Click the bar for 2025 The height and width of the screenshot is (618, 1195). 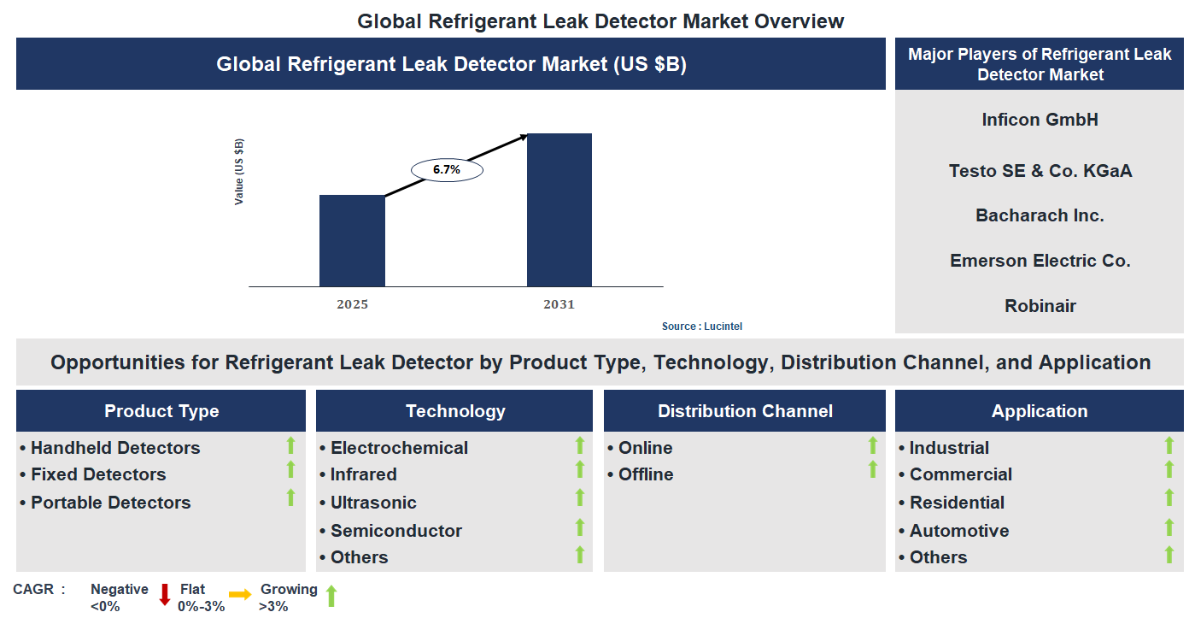click(x=352, y=240)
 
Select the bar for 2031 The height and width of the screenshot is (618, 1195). click(x=559, y=209)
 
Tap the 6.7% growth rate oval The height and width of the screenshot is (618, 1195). click(x=447, y=170)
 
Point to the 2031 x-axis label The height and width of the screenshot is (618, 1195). click(x=559, y=304)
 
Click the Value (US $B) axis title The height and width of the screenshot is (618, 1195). click(x=239, y=171)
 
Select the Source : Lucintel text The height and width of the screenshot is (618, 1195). click(x=708, y=327)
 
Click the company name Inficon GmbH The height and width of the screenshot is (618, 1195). click(x=1040, y=120)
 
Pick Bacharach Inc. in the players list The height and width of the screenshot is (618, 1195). click(x=1040, y=215)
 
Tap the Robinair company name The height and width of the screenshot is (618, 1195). click(x=1040, y=306)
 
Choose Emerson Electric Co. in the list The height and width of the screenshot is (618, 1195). click(x=1040, y=261)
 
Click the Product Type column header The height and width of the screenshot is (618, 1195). click(x=161, y=411)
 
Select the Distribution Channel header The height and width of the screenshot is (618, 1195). click(x=745, y=411)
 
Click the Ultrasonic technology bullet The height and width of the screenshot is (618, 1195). click(x=373, y=503)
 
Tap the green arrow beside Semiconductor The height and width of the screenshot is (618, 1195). click(x=580, y=527)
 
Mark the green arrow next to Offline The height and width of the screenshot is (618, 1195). click(x=873, y=469)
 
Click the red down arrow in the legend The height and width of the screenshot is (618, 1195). click(x=165, y=595)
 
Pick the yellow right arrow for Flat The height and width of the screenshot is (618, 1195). click(x=239, y=595)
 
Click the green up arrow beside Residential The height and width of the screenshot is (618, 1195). click(x=1169, y=498)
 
